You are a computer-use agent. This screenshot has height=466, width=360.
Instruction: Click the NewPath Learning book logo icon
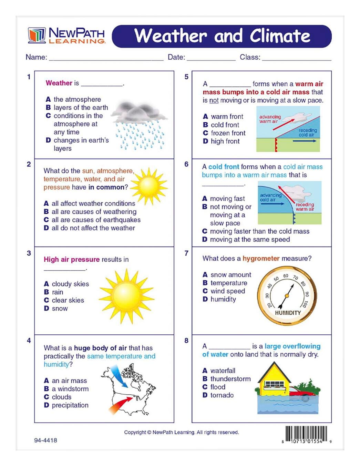point(37,35)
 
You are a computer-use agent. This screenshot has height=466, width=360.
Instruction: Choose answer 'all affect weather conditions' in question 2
point(93,203)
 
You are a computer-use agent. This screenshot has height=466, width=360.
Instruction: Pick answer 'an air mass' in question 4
point(69,381)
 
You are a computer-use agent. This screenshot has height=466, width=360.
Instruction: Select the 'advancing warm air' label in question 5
point(270,119)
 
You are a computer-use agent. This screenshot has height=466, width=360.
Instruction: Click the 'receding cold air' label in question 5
point(307,132)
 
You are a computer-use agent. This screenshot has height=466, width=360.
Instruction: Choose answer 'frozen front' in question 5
point(228,133)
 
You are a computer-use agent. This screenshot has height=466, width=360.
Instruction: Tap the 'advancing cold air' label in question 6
point(270,197)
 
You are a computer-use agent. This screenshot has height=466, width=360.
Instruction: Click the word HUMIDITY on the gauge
point(288,313)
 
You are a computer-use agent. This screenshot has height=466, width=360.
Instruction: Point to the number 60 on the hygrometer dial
point(286,276)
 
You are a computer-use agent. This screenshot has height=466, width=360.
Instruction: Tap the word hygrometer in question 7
point(261,259)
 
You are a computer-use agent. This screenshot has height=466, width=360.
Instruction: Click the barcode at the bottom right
point(306,434)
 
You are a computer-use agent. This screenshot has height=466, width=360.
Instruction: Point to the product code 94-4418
point(45,440)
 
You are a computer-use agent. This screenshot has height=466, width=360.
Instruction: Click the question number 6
point(186,164)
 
